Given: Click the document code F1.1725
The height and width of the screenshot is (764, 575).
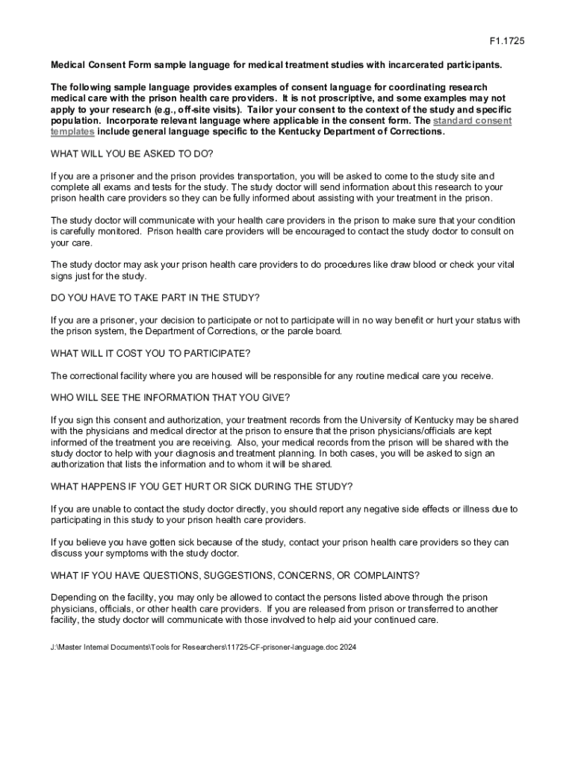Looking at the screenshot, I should [507, 42].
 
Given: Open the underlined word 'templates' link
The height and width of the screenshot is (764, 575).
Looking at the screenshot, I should [72, 131].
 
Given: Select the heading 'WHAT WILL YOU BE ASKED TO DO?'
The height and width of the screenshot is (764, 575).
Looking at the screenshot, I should [131, 154].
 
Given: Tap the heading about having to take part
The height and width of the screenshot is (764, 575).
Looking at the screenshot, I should [155, 298].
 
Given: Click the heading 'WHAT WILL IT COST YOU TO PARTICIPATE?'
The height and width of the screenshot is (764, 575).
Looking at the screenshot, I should [150, 353].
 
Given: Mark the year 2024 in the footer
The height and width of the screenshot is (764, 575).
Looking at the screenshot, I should [348, 647].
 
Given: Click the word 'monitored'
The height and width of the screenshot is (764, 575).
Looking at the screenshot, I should [130, 231].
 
